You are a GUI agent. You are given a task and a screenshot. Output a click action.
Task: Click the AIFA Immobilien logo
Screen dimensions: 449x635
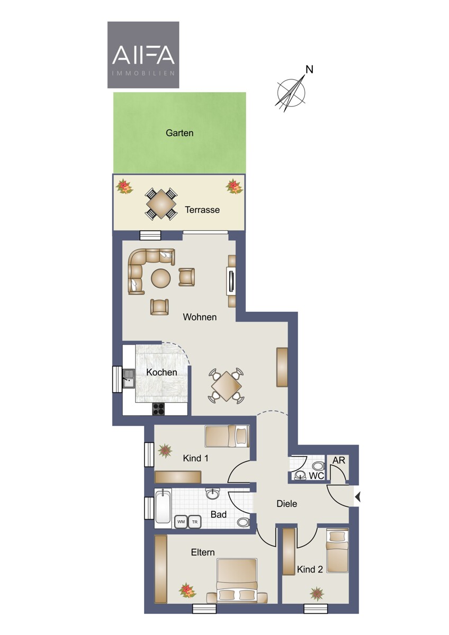[x=143, y=55]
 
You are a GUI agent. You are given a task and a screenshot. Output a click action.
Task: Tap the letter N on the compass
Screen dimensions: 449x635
[x=309, y=69]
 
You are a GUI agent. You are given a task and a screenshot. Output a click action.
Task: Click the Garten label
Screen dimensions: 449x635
[x=179, y=133]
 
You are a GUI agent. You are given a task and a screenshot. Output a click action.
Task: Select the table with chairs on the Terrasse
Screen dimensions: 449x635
[x=161, y=204]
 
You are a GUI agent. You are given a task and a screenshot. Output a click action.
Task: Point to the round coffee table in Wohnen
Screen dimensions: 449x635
[x=161, y=278]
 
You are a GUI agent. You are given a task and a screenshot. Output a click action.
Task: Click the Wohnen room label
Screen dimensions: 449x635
[x=200, y=316]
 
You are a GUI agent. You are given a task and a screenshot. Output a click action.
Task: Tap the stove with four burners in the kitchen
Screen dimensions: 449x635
[x=158, y=409]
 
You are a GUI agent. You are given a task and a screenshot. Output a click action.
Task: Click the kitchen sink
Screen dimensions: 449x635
[x=129, y=378]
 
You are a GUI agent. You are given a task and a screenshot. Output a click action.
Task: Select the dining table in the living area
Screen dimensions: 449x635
[x=226, y=386]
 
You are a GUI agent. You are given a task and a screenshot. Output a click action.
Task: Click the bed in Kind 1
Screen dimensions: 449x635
[x=227, y=436]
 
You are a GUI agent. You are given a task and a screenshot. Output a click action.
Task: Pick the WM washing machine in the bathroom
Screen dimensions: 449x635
[x=181, y=521]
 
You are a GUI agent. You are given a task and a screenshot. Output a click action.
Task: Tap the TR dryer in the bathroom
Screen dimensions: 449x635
[x=195, y=521]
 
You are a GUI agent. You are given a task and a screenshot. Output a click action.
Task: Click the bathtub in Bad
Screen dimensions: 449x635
[x=164, y=508]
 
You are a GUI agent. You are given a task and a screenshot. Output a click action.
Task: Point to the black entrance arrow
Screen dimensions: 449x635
[x=358, y=497]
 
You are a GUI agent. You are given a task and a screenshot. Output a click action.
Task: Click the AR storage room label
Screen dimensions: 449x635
[x=339, y=460]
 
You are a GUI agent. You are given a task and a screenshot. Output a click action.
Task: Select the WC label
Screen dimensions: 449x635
[x=316, y=475]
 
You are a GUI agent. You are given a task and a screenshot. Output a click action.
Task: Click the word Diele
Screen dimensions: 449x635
[x=287, y=503]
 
